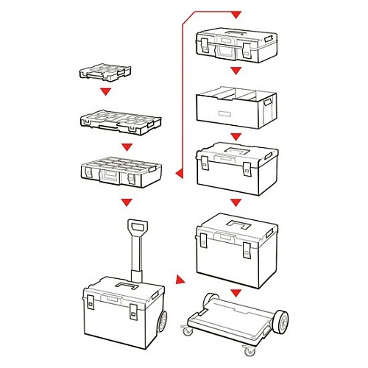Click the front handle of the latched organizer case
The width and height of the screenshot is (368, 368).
click(x=109, y=177)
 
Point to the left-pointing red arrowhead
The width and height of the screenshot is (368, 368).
click(x=178, y=174)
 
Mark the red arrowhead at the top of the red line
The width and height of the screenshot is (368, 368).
click(x=236, y=14)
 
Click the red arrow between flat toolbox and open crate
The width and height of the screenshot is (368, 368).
click(x=236, y=71)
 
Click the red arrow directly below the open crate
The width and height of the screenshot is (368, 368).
click(x=236, y=137)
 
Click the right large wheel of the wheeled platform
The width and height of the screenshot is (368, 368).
click(x=279, y=321)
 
